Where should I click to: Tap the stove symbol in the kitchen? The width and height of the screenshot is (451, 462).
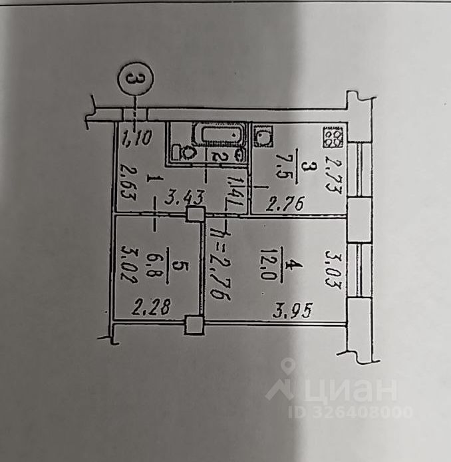[333, 138]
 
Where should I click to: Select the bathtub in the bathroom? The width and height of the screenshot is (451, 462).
[219, 135]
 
